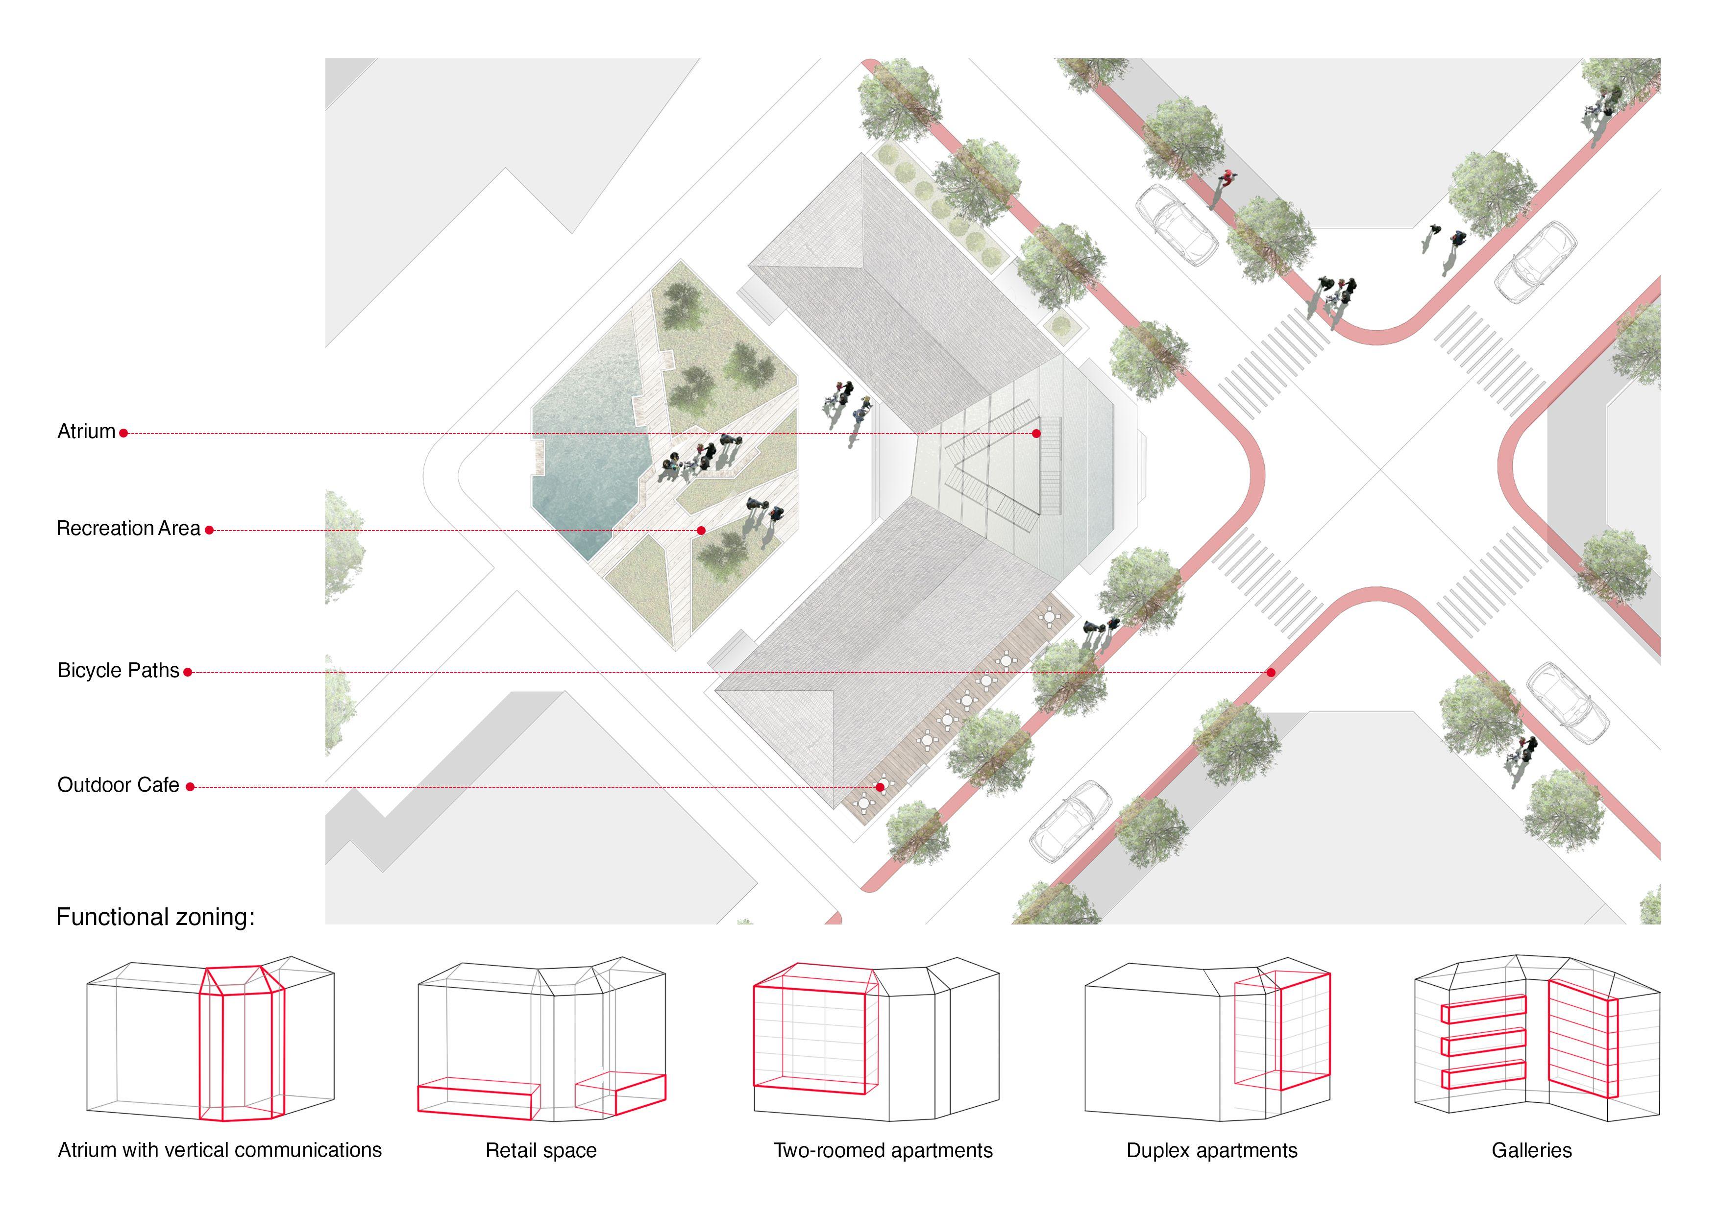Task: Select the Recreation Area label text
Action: [128, 529]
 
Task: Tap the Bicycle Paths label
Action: [118, 670]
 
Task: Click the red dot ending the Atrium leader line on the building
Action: [1036, 434]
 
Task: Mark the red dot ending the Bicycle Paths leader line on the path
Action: [1271, 672]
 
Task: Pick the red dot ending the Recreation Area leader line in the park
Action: [701, 530]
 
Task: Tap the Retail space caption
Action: [540, 1151]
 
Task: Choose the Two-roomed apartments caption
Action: [883, 1151]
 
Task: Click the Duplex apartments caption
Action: [1211, 1151]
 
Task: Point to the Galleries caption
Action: [1531, 1151]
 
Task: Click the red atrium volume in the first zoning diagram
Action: [241, 1048]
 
